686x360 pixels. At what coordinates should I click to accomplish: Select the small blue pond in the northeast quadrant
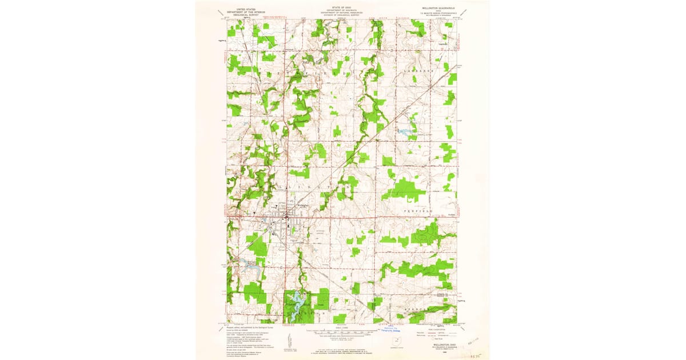pos(406,131)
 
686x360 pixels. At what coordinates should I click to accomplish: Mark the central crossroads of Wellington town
pos(293,217)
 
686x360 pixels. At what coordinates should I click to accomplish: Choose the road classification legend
pos(437,331)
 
